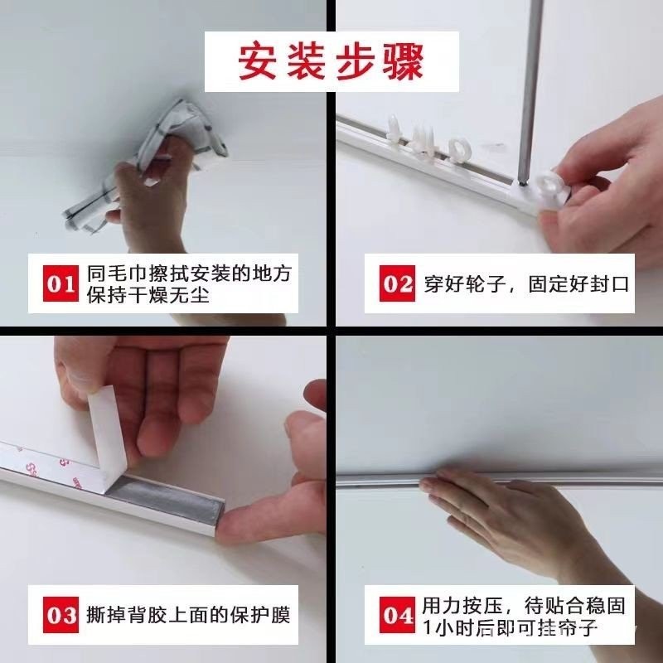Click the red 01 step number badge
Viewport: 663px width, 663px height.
tap(60, 283)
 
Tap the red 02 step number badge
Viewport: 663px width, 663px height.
tap(397, 283)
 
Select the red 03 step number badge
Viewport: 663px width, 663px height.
tap(60, 615)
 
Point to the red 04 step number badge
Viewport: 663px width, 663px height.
tap(397, 615)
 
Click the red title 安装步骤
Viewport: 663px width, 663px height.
tap(331, 61)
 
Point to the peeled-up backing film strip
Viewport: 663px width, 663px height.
tap(108, 436)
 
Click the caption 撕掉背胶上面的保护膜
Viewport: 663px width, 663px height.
tap(188, 615)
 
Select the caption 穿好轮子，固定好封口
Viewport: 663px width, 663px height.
tap(526, 283)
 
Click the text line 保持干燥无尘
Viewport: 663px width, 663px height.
tap(148, 294)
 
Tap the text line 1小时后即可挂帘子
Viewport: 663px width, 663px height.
tap(510, 627)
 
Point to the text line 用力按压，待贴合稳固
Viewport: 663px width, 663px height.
tap(525, 607)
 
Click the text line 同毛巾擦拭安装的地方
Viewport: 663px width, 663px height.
tap(189, 273)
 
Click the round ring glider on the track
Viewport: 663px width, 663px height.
tap(459, 151)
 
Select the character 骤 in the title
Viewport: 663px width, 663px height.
tap(404, 61)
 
